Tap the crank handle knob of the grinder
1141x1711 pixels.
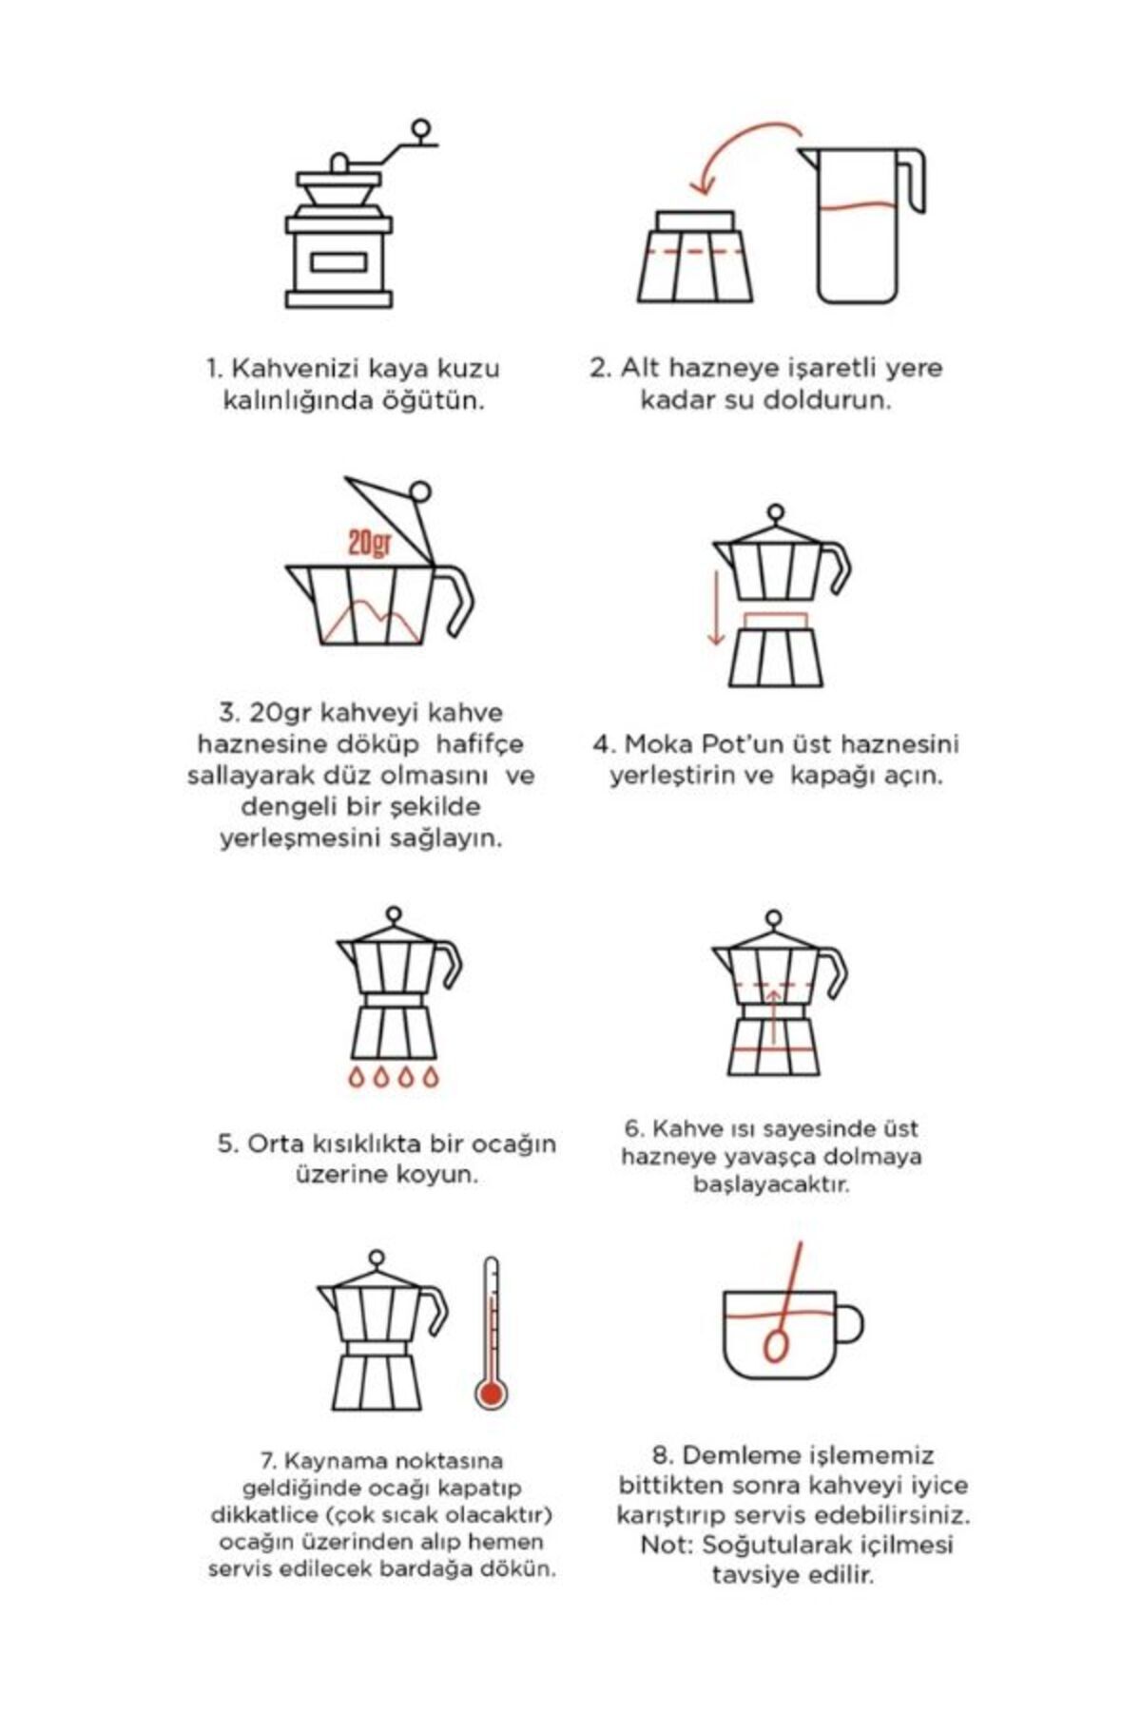(x=419, y=127)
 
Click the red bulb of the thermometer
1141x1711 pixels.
(x=491, y=1394)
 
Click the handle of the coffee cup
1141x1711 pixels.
(x=849, y=1323)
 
